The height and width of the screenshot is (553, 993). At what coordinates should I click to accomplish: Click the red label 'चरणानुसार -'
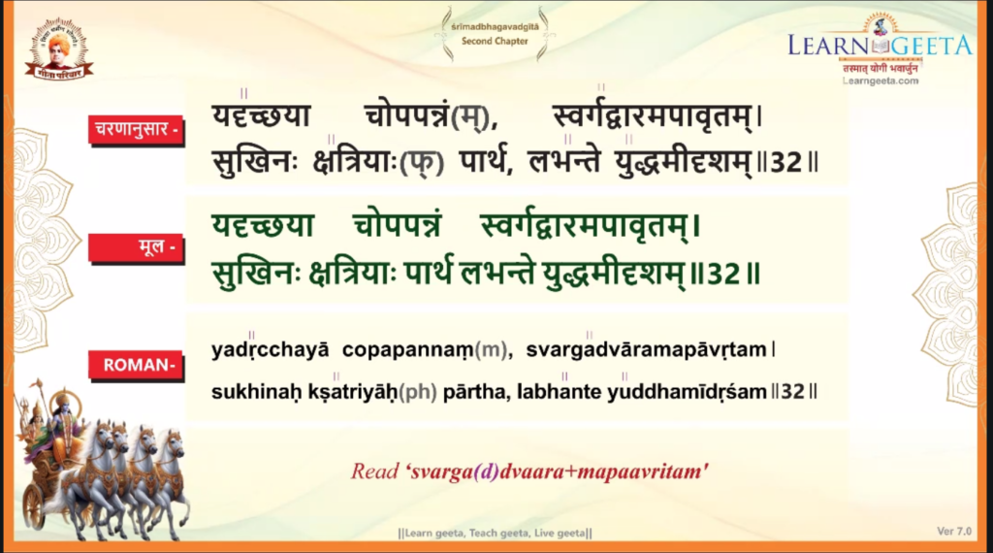click(136, 130)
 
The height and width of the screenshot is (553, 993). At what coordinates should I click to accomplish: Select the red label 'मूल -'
click(136, 247)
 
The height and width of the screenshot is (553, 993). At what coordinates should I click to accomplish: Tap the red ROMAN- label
click(136, 365)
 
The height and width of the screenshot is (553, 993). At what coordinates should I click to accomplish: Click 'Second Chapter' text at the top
click(495, 41)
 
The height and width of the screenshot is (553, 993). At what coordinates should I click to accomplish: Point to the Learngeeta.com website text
click(881, 81)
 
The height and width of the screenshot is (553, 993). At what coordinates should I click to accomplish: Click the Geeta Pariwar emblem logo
click(59, 49)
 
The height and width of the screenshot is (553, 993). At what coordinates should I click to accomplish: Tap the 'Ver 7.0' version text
click(954, 531)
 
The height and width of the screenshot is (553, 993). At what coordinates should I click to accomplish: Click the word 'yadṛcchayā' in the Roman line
click(271, 349)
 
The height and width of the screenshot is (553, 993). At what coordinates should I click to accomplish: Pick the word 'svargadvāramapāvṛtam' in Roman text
click(646, 349)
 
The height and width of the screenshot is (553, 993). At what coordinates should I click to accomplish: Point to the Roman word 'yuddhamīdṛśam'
click(688, 392)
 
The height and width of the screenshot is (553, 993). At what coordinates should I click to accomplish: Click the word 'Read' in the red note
click(375, 472)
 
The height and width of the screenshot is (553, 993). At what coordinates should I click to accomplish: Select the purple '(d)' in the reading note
click(486, 472)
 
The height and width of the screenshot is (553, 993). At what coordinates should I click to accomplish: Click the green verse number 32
click(723, 275)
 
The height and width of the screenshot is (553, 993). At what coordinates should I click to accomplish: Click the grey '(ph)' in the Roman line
click(418, 393)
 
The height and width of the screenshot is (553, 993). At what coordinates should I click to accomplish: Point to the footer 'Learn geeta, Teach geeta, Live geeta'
click(496, 533)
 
